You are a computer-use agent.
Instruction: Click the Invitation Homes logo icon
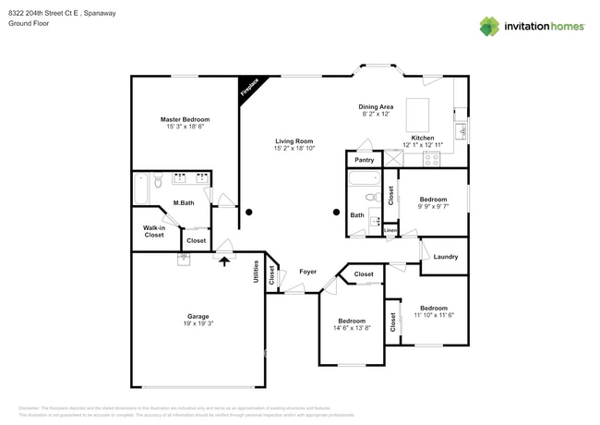click(489, 26)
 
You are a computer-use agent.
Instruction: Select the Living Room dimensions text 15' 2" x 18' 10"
click(294, 148)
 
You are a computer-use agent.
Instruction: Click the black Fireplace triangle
click(247, 88)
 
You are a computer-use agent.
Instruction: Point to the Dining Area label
click(376, 107)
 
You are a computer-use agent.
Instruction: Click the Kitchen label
click(423, 138)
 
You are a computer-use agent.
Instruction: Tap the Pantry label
click(363, 160)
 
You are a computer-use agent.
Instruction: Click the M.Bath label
click(183, 202)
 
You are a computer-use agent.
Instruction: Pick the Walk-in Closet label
click(153, 231)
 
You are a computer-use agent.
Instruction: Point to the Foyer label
click(308, 272)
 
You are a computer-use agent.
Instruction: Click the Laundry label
click(445, 256)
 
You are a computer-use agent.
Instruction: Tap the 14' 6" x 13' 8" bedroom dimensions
click(351, 328)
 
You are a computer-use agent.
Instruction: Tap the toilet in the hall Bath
click(371, 197)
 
